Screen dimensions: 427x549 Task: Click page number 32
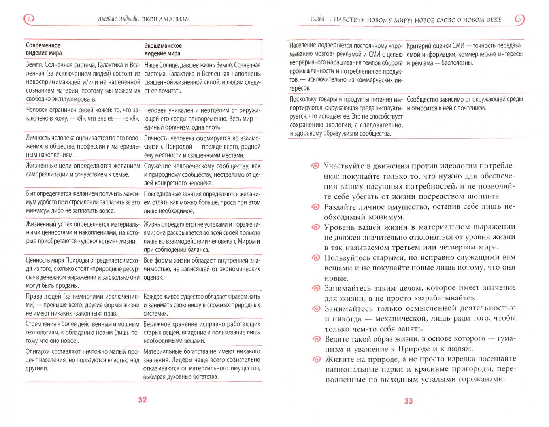(x=143, y=400)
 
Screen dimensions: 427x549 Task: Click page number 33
(x=408, y=401)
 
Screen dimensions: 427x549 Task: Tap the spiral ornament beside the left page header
(x=29, y=18)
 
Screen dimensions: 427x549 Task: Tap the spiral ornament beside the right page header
(x=519, y=19)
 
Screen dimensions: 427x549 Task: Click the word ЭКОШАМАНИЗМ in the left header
(x=166, y=19)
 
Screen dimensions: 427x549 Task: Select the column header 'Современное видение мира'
(x=44, y=49)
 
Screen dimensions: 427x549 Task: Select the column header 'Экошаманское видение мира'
(x=163, y=49)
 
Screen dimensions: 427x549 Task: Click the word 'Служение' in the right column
(x=157, y=166)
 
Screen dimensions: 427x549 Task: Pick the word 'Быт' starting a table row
(x=31, y=194)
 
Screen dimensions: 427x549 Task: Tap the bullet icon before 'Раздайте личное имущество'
(x=315, y=207)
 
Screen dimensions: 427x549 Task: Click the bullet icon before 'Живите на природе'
(x=316, y=359)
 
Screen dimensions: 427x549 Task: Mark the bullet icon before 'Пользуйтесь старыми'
(x=316, y=258)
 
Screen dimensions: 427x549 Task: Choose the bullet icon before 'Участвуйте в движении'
(x=315, y=166)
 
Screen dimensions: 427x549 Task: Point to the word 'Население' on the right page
(x=303, y=46)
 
